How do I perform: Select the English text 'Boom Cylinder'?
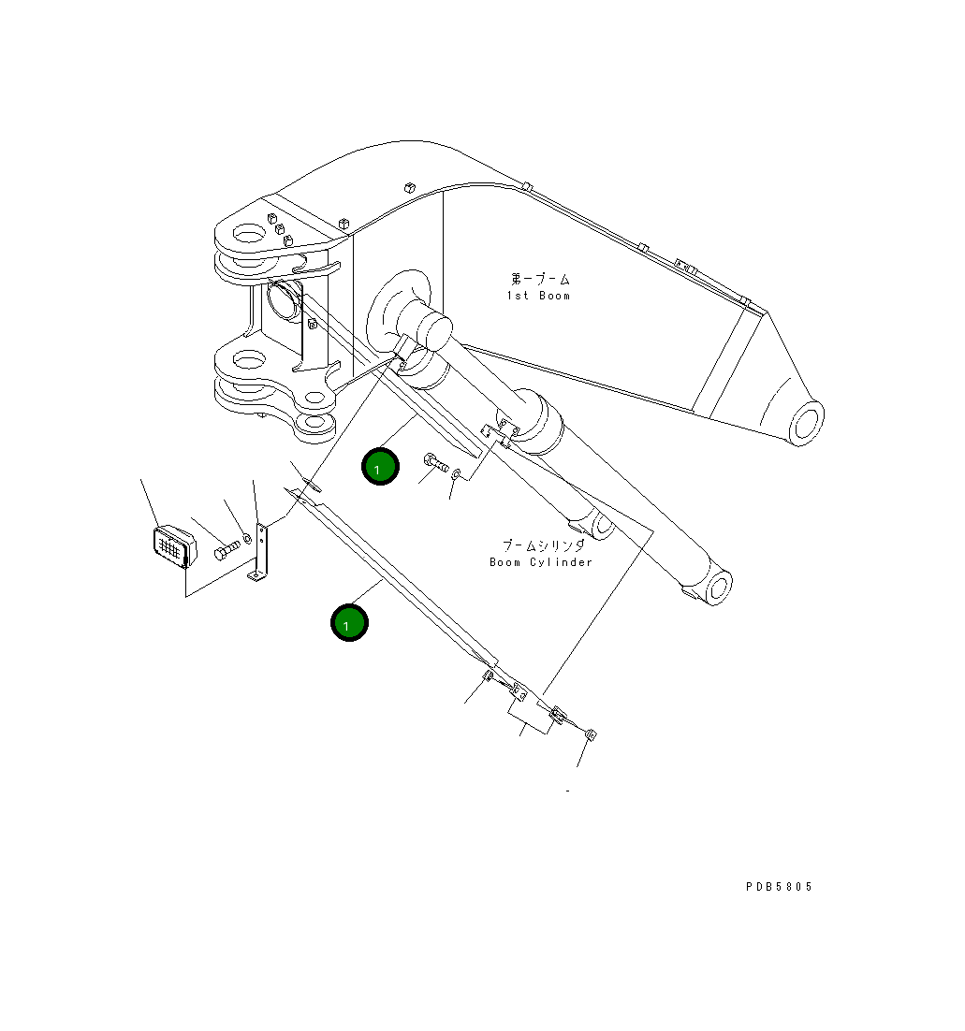tap(541, 562)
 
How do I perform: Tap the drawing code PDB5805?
tap(779, 887)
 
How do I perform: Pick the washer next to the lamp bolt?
tap(247, 538)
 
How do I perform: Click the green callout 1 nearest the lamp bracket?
tap(349, 622)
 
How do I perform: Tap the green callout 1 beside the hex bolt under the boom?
tap(380, 467)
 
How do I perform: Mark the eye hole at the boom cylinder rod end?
tap(717, 588)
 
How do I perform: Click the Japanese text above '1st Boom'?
tap(540, 279)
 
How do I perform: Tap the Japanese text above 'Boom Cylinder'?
tap(543, 545)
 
